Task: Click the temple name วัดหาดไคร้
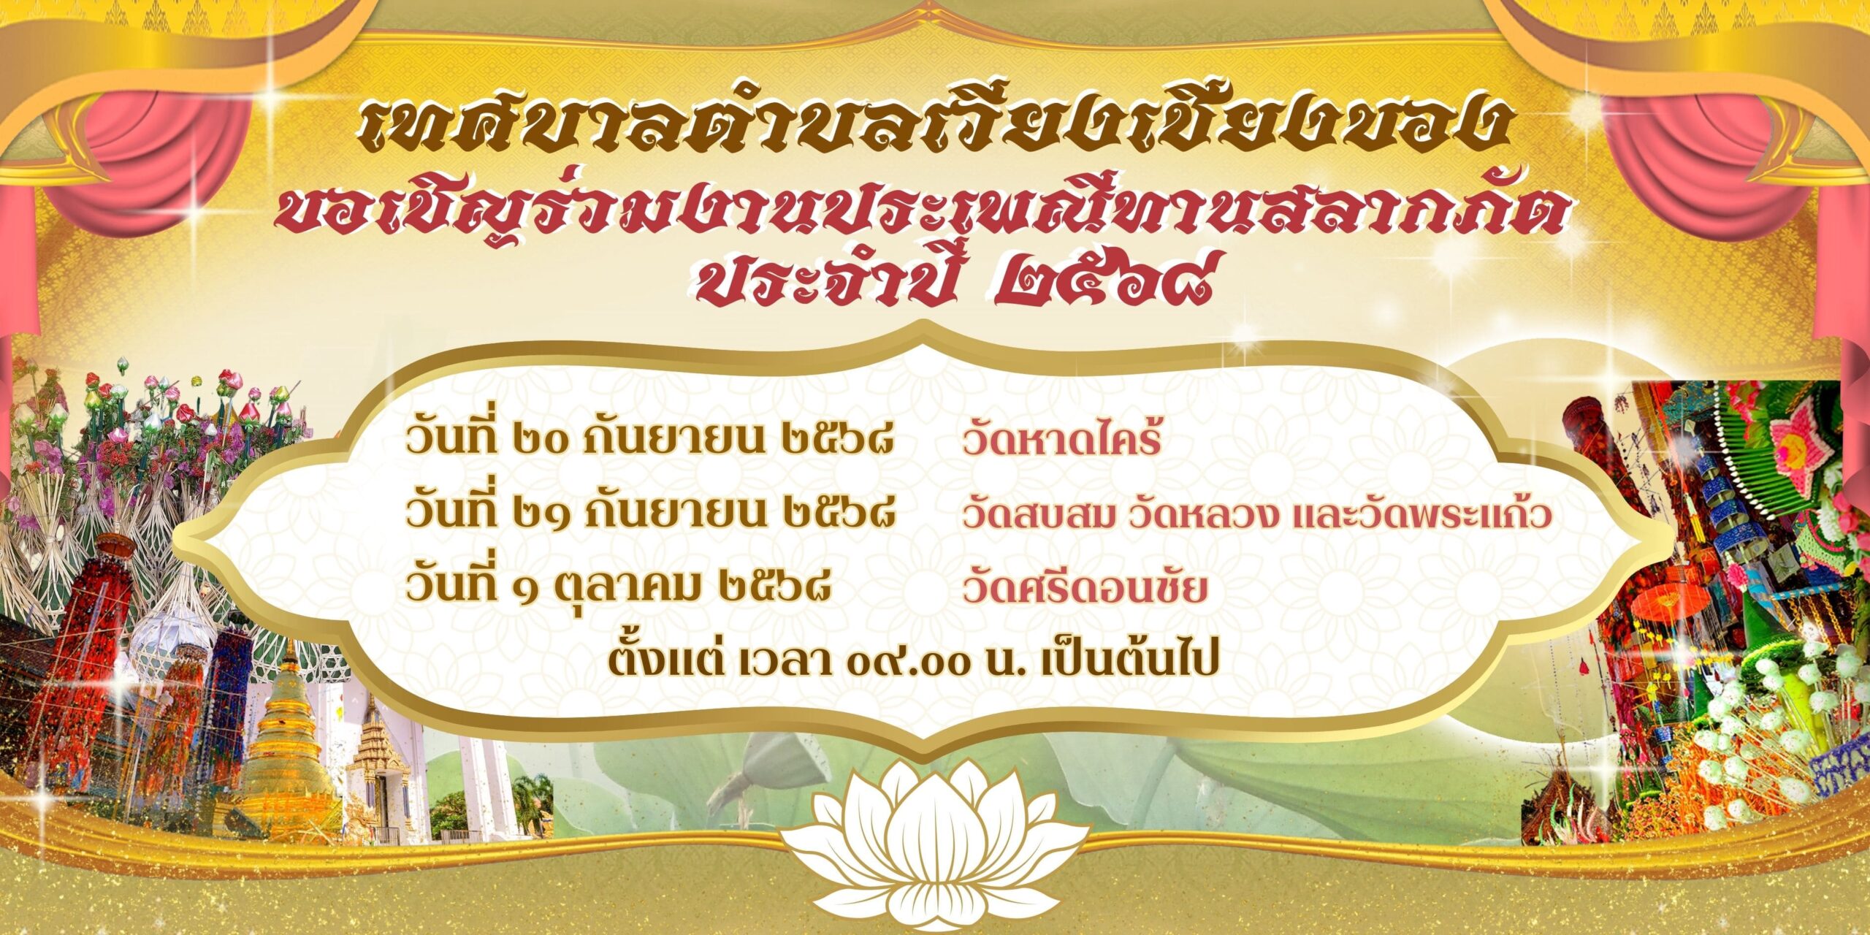pos(1061,440)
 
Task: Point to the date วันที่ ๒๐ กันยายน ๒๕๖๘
pos(649,440)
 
